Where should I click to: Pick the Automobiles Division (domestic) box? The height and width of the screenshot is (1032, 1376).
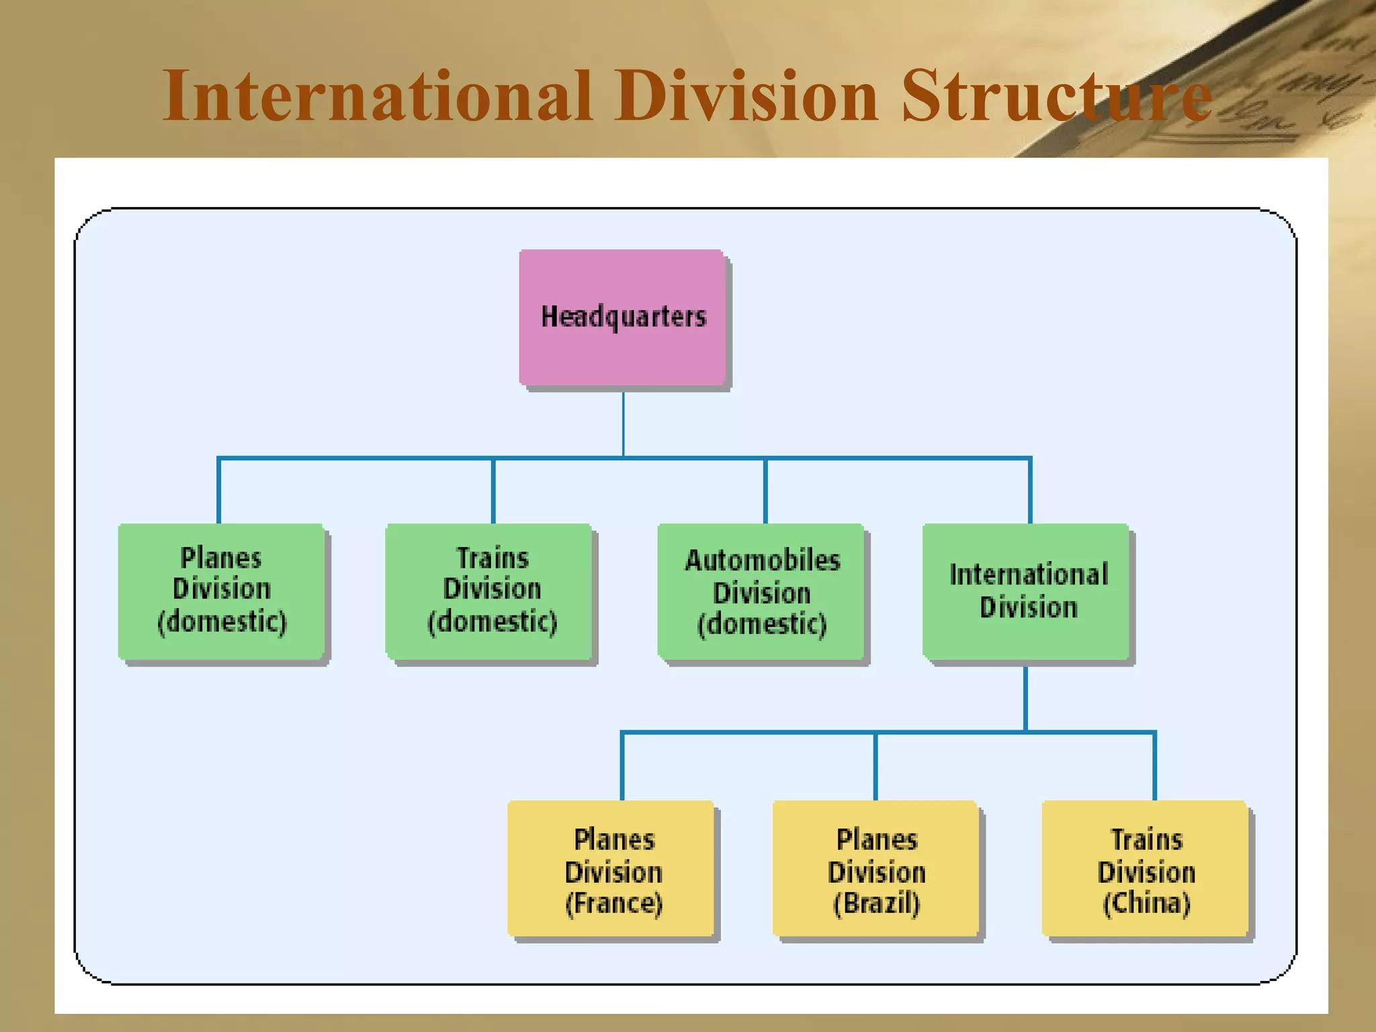tap(761, 591)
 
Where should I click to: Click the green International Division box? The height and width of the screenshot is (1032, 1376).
tap(1026, 591)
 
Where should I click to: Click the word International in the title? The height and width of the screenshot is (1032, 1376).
tap(376, 95)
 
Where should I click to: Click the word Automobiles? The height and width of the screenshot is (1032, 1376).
tap(762, 560)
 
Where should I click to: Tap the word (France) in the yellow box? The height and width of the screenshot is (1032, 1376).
tap(613, 903)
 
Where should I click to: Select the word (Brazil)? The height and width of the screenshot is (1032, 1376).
tap(876, 903)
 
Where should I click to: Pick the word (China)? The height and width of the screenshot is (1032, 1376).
tap(1146, 903)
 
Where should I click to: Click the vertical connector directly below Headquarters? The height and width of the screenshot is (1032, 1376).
tap(623, 423)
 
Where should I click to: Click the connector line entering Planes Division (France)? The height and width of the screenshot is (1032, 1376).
tap(622, 766)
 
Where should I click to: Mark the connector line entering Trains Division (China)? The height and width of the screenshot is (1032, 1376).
tap(1154, 766)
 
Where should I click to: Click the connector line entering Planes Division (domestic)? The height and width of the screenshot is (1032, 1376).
tap(219, 490)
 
